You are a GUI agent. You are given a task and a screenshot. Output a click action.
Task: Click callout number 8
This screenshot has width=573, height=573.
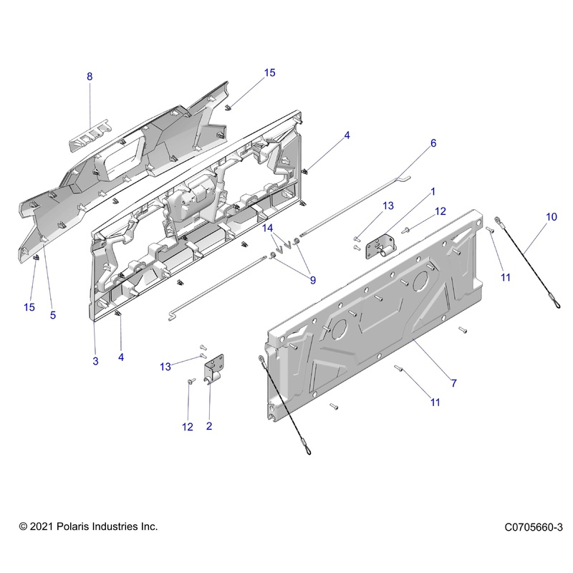[x=90, y=77]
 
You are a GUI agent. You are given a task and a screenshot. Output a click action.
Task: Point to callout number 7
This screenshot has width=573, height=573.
[x=453, y=383]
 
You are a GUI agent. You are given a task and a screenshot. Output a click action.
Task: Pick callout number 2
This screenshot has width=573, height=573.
[x=209, y=427]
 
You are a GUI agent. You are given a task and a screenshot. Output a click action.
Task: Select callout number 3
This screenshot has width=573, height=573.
[x=95, y=362]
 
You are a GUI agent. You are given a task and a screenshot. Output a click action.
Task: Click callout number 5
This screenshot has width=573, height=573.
[x=53, y=315]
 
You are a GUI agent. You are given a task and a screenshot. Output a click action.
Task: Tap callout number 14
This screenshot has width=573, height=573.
[x=268, y=228]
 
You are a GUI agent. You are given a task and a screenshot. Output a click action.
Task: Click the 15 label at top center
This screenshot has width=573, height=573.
[x=269, y=73]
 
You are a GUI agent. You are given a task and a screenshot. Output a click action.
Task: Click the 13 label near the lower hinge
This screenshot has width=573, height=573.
[x=165, y=367]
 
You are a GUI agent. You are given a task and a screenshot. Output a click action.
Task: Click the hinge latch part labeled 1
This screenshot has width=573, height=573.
[x=380, y=249]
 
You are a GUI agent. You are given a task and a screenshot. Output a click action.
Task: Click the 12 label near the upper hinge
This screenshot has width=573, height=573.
[x=440, y=211]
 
